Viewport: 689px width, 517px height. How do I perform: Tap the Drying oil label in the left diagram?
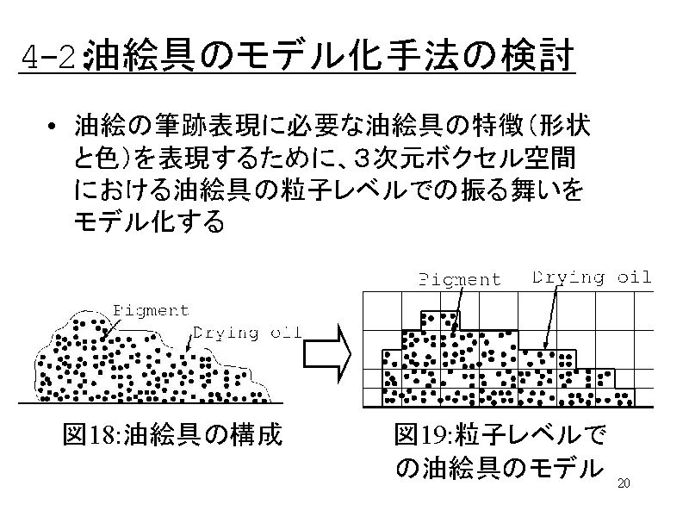click(246, 333)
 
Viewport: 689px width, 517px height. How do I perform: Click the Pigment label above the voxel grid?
click(460, 279)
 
